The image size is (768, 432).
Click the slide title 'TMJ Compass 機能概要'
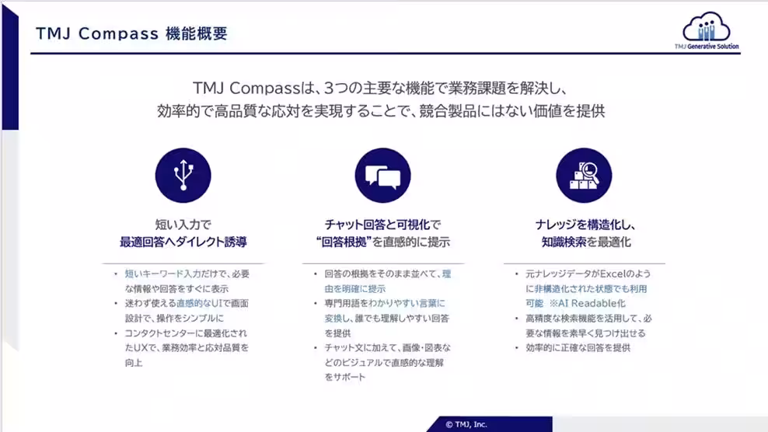(131, 33)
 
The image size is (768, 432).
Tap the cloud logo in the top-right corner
(707, 27)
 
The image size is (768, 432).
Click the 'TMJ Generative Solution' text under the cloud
(707, 47)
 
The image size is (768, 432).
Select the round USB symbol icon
(183, 176)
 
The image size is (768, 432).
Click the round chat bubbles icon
(382, 176)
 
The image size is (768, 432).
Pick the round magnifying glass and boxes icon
(584, 176)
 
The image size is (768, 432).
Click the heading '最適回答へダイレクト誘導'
(183, 242)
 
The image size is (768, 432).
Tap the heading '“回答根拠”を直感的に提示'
(383, 242)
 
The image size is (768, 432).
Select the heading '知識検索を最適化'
(586, 242)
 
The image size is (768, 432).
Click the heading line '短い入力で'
(183, 225)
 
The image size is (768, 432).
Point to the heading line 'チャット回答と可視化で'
(382, 225)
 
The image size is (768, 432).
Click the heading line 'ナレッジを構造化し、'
(585, 225)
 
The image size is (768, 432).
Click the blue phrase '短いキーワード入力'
(162, 273)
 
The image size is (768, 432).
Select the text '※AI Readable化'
(587, 303)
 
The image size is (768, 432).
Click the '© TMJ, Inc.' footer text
(466, 424)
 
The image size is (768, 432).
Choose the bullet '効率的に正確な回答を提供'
(578, 348)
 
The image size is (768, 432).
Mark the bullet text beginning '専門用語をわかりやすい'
(387, 318)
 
